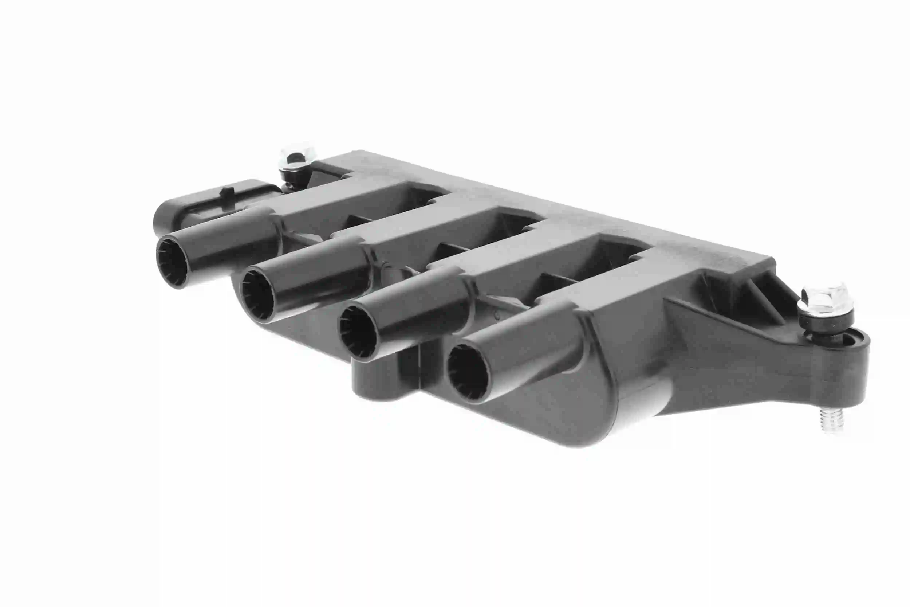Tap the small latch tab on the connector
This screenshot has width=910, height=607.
[227, 192]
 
